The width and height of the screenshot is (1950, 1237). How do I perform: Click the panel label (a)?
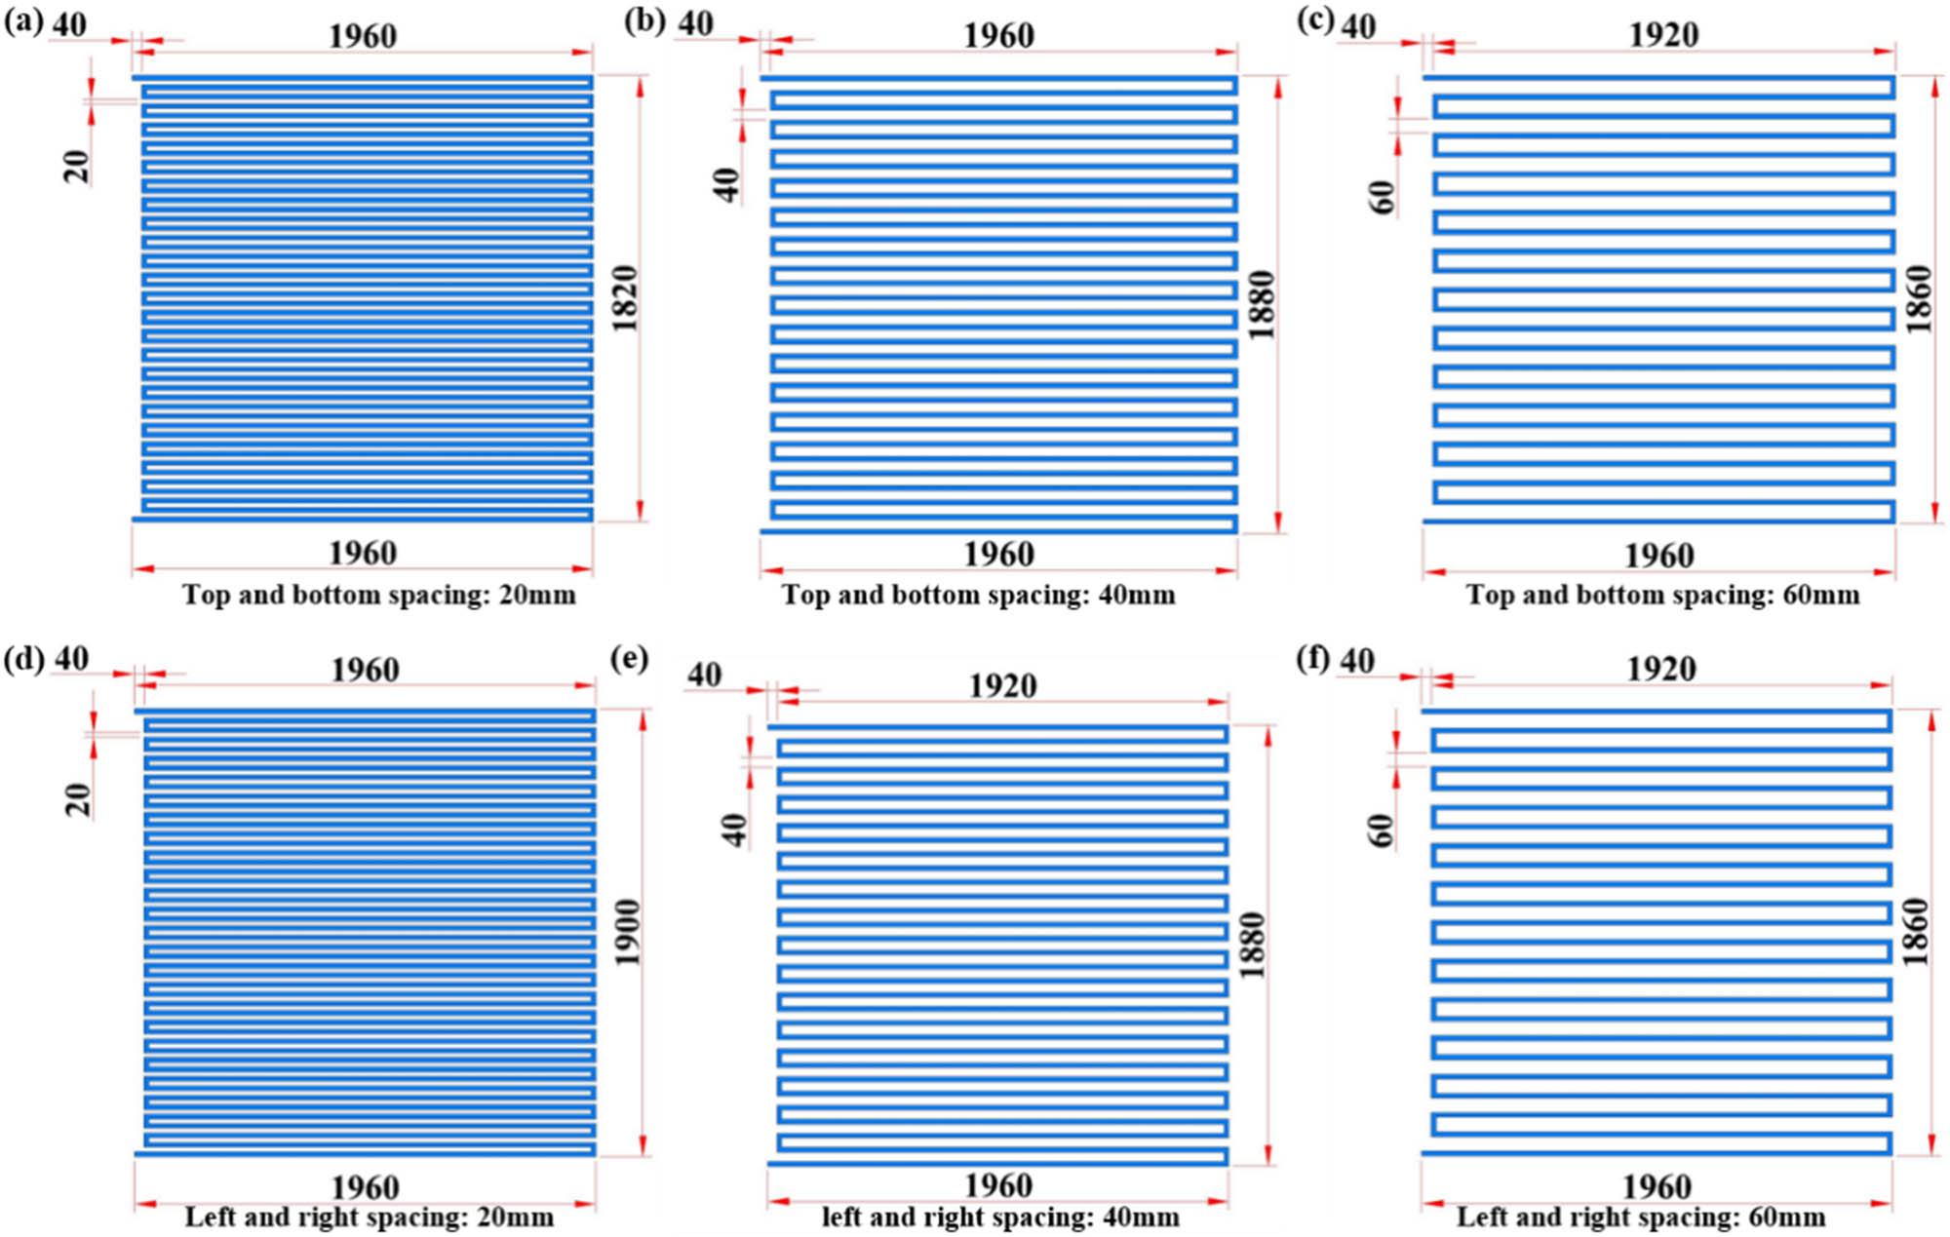click(x=23, y=21)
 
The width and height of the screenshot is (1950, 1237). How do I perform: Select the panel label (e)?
click(x=629, y=660)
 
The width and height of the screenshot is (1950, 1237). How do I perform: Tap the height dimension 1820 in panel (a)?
click(x=624, y=298)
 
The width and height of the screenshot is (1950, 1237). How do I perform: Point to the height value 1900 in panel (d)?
click(x=627, y=932)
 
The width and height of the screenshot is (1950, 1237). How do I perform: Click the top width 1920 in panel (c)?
click(x=1663, y=35)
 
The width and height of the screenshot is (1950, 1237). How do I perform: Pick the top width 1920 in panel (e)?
click(x=1002, y=686)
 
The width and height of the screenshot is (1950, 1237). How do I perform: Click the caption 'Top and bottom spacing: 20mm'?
click(x=378, y=595)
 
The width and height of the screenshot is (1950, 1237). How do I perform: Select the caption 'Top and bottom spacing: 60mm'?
click(x=1662, y=595)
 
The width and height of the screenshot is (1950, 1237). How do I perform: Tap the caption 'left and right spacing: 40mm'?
click(x=1000, y=1218)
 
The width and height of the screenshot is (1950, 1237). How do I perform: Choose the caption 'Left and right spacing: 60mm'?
click(x=1641, y=1218)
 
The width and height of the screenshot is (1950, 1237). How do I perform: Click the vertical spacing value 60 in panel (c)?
click(x=1383, y=197)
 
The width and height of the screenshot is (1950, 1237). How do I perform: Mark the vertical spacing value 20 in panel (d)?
click(x=78, y=799)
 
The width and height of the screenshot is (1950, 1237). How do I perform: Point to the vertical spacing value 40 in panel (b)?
click(x=726, y=184)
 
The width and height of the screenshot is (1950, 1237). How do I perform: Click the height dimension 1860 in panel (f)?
click(x=1916, y=932)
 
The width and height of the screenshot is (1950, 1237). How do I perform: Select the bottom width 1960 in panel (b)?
click(x=998, y=555)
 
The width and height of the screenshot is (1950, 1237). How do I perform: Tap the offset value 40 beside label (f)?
click(x=1357, y=662)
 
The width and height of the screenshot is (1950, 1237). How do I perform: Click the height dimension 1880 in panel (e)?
click(x=1252, y=945)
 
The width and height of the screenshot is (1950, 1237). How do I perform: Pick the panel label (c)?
click(x=1315, y=21)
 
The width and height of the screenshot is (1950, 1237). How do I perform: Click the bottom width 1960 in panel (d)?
click(x=365, y=1187)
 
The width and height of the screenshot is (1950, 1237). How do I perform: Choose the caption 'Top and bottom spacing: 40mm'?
click(x=978, y=595)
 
